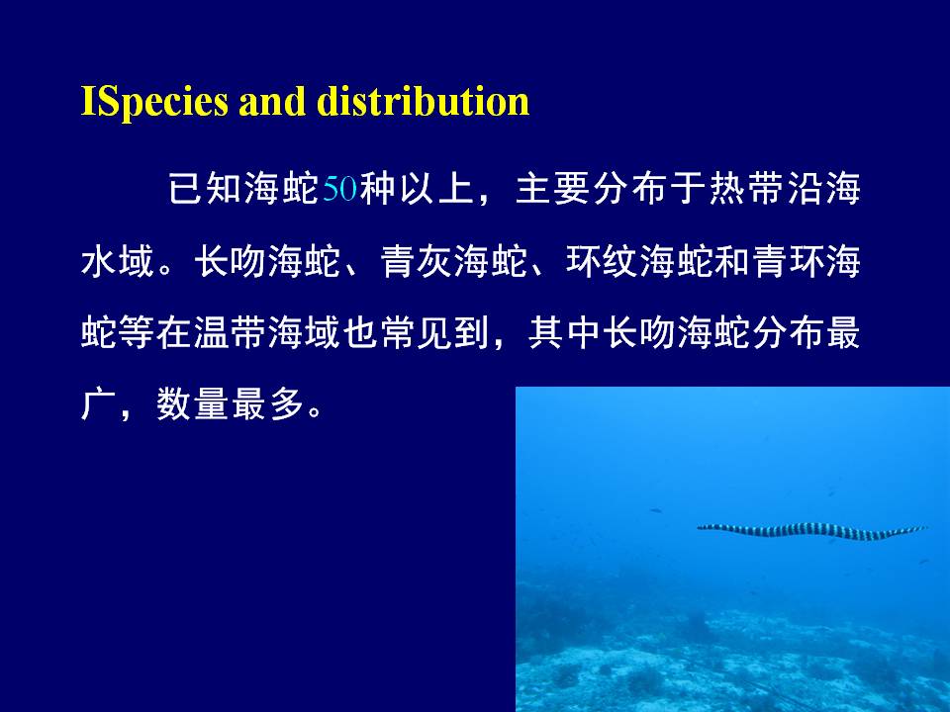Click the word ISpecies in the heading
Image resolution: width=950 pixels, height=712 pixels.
(155, 102)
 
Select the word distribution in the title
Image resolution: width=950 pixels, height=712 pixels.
(424, 101)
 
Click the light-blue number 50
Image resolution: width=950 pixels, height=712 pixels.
(339, 188)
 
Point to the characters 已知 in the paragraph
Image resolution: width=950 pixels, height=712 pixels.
(205, 188)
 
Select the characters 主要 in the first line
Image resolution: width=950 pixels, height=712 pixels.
(553, 188)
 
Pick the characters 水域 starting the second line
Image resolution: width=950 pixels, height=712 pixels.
(118, 261)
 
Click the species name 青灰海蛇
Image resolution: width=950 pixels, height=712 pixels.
(454, 261)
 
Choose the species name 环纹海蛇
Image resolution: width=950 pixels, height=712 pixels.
(640, 261)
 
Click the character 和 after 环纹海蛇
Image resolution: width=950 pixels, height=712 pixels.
(733, 261)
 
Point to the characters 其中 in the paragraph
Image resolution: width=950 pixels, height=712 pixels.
(566, 333)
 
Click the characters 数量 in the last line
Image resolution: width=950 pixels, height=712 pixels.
(193, 403)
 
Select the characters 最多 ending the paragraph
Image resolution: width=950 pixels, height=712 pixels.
(268, 403)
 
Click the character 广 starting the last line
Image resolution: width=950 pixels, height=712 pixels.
(98, 403)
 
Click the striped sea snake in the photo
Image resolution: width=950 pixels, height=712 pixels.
(811, 532)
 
